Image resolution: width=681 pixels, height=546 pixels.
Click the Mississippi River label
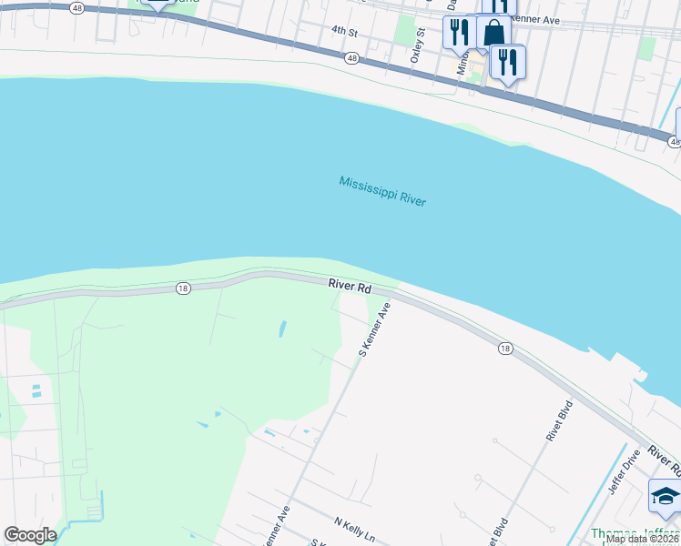(382, 191)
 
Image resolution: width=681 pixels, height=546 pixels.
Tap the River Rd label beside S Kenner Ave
(351, 287)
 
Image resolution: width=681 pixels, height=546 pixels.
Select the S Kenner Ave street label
(374, 329)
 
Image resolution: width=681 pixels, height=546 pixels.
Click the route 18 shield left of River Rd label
(183, 288)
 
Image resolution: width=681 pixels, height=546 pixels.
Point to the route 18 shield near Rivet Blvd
(504, 349)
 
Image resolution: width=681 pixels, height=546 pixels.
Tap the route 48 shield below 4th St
(351, 58)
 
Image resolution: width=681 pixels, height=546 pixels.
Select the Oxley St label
(421, 43)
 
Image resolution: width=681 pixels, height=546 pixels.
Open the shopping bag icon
(493, 33)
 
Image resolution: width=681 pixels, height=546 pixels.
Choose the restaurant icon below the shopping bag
(507, 62)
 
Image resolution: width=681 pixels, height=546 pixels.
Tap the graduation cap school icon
(665, 498)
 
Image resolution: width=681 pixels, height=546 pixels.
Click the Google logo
(30, 535)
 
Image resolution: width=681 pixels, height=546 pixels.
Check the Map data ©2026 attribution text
(642, 539)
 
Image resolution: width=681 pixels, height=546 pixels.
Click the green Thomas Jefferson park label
(633, 534)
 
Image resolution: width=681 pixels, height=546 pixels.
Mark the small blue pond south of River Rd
(281, 327)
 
